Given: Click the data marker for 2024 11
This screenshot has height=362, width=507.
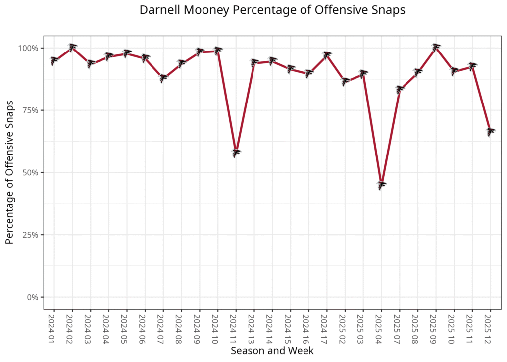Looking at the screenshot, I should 236,153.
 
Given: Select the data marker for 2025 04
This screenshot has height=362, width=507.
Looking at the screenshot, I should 381,185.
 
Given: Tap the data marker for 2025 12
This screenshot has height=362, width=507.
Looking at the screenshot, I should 491,132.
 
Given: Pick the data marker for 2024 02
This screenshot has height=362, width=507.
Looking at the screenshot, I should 72,48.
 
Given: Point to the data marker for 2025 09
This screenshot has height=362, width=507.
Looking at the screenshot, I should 436,48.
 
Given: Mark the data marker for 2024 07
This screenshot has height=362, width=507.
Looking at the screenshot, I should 163,78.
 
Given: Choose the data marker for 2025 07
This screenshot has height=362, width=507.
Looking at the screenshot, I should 400,90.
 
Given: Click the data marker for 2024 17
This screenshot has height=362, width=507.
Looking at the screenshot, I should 327,55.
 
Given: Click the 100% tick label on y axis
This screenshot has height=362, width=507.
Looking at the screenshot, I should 29,48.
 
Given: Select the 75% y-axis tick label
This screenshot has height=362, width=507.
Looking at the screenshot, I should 31,110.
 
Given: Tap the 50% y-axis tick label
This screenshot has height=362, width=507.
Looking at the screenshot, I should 31,172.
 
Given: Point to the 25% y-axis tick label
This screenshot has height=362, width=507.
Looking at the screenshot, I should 31,235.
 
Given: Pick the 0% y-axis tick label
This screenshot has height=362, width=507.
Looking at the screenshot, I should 33,297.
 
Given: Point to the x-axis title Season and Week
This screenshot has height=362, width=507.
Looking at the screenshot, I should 272,351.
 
